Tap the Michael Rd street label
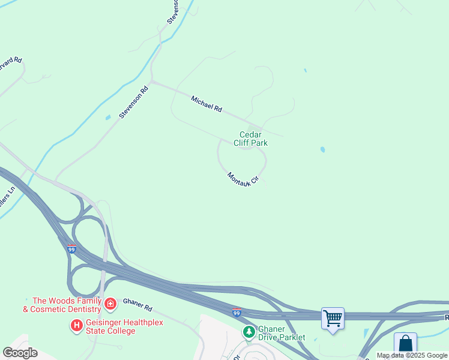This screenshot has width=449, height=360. pos(206,104)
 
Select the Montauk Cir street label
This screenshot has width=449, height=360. pos(243,179)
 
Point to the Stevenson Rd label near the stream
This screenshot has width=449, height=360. pos(134,103)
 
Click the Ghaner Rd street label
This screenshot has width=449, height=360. pos(137,305)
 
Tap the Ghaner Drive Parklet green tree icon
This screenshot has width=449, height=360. pos(249,331)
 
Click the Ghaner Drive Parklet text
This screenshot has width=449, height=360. pos(282,334)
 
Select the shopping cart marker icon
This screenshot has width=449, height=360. pos(333,317)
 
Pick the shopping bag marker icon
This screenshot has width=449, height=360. pos(405,344)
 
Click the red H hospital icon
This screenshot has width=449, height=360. pos(76,326)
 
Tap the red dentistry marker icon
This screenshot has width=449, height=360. pos(110,305)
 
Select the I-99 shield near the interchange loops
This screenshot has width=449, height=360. pos(71,249)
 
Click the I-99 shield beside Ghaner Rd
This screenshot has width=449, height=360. pos(237,313)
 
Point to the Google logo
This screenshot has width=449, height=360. pos(20,353)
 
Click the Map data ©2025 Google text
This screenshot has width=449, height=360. pos(412,356)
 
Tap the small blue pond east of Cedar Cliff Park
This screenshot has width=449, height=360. pos(323,149)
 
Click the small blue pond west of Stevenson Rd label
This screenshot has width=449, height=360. pos(108,118)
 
